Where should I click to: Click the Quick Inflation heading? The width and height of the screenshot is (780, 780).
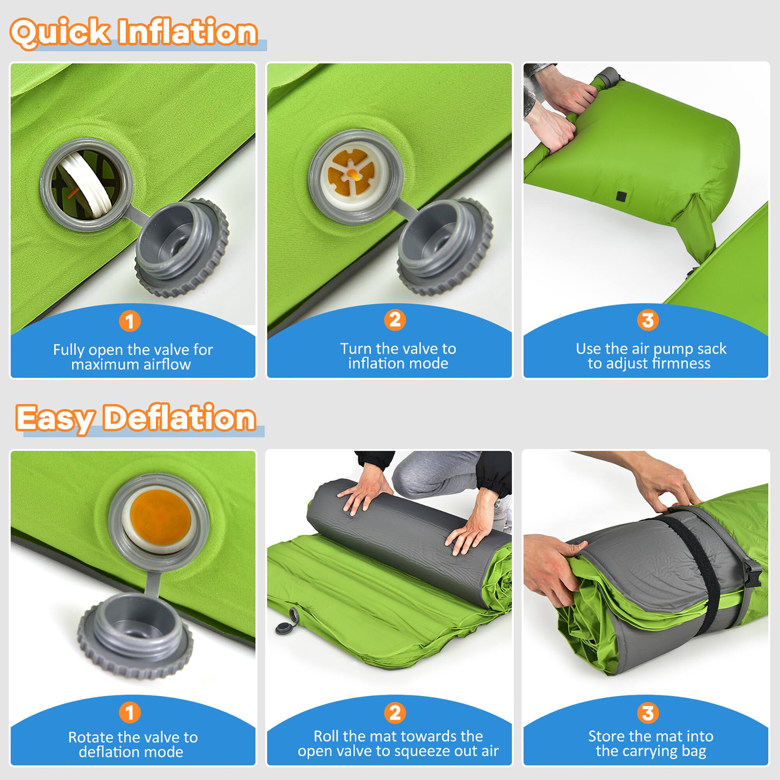coord(133,32)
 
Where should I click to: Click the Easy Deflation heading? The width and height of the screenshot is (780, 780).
coord(136,418)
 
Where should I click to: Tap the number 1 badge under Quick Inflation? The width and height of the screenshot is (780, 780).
coord(129,321)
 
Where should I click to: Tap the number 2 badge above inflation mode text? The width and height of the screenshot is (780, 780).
coord(394,320)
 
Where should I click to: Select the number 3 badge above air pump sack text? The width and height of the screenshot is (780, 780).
coord(647,320)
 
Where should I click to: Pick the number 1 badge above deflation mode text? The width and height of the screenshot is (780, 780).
coord(129,713)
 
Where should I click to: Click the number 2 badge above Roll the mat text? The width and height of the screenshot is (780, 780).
coord(394,713)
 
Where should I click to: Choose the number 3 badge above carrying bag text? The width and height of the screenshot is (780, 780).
coord(647,713)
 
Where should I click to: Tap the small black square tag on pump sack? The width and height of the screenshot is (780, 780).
coord(621,196)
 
